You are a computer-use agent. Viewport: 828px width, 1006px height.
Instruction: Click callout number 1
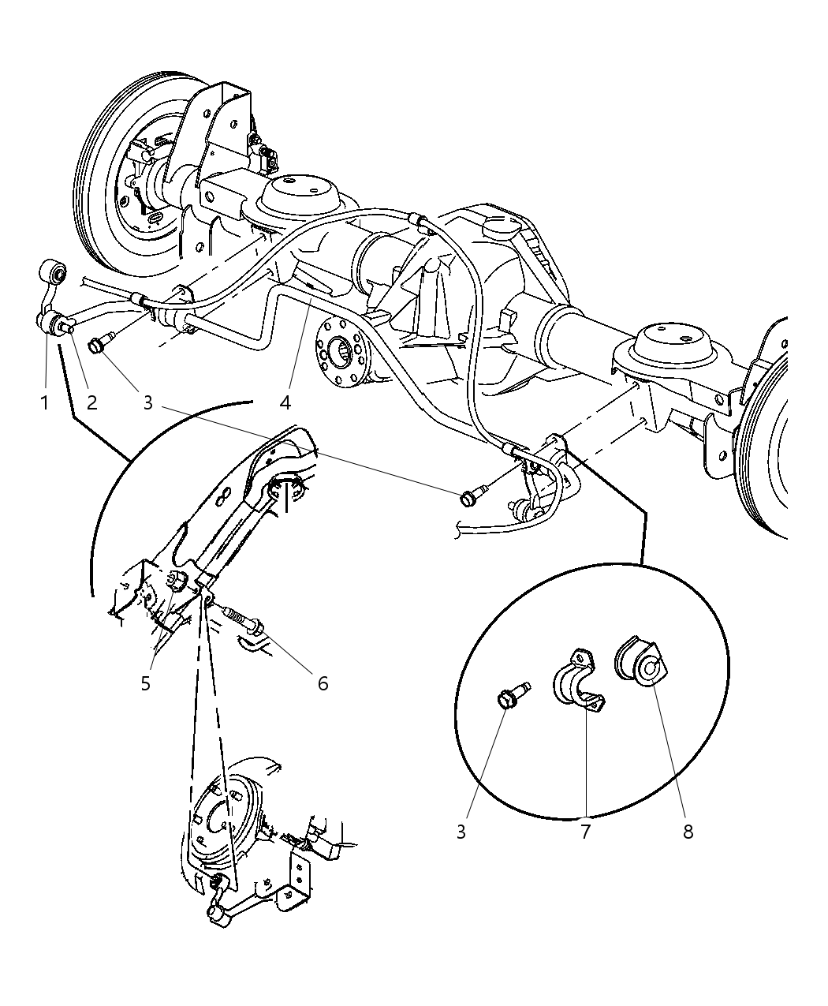coord(44,402)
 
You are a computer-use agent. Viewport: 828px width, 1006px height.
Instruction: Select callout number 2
coord(91,402)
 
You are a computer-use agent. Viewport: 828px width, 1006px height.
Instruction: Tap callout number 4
coord(285,402)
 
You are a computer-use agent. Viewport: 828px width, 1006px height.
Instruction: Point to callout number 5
coord(146,683)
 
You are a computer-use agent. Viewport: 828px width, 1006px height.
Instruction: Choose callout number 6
coord(323,683)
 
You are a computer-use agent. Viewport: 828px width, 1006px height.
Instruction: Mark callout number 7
coord(585,831)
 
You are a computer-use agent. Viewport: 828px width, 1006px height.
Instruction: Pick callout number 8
coord(688,831)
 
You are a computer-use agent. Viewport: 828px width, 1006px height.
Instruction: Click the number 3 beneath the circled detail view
coord(461,831)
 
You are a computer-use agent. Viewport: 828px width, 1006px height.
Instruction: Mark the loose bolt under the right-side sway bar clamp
coord(470,497)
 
